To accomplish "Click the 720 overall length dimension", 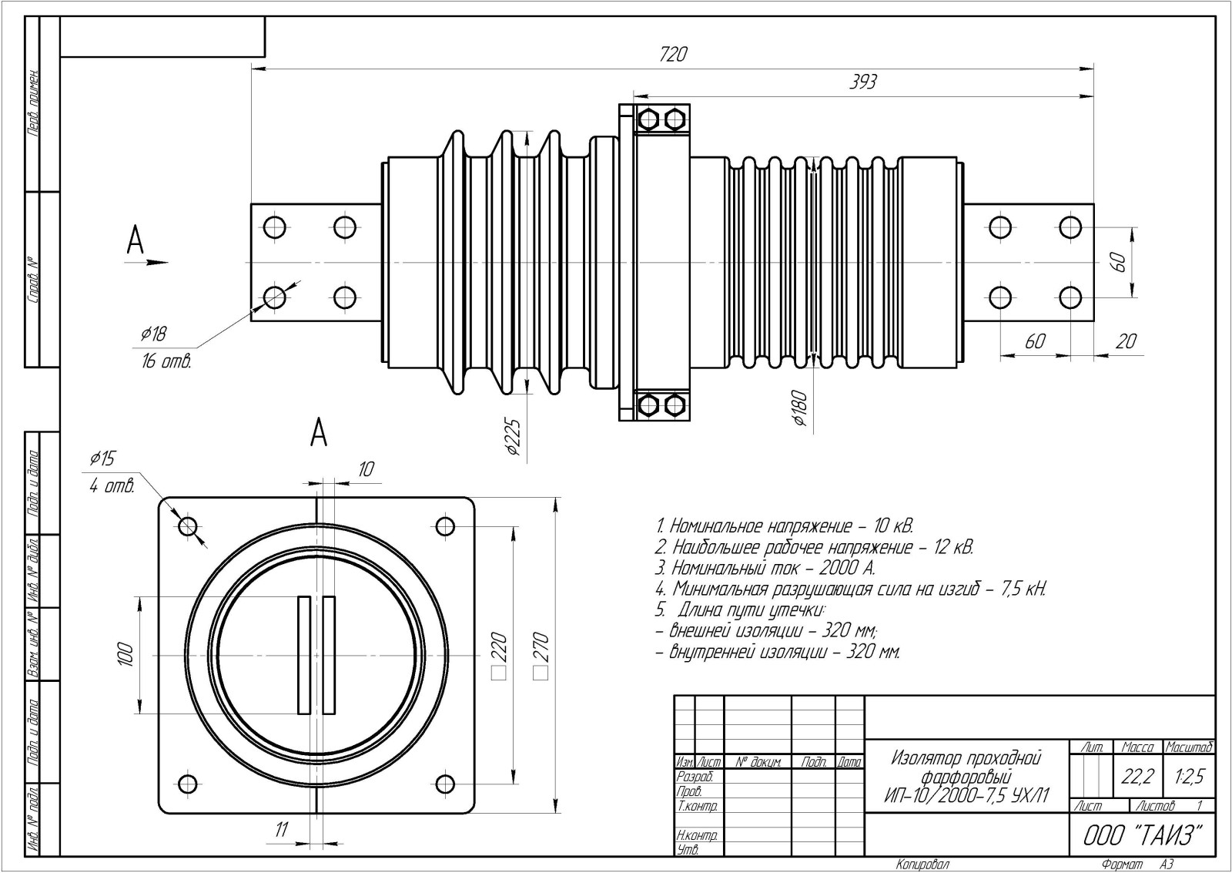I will click(x=673, y=55).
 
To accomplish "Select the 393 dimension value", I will click(x=862, y=82).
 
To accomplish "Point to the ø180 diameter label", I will click(x=798, y=409).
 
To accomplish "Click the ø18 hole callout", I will click(x=153, y=334).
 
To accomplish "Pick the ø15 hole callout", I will click(x=102, y=459).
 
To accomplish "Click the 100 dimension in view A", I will click(x=126, y=655).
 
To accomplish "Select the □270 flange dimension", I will click(x=540, y=655).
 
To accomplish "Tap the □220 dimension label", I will click(x=498, y=655).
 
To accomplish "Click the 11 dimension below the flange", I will click(x=282, y=829).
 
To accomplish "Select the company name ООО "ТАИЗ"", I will click(x=1143, y=836).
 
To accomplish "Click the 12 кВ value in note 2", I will click(x=953, y=548).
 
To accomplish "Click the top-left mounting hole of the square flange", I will click(x=188, y=526).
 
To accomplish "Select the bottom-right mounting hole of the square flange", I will click(x=445, y=784).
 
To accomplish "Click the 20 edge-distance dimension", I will click(x=1126, y=341).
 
